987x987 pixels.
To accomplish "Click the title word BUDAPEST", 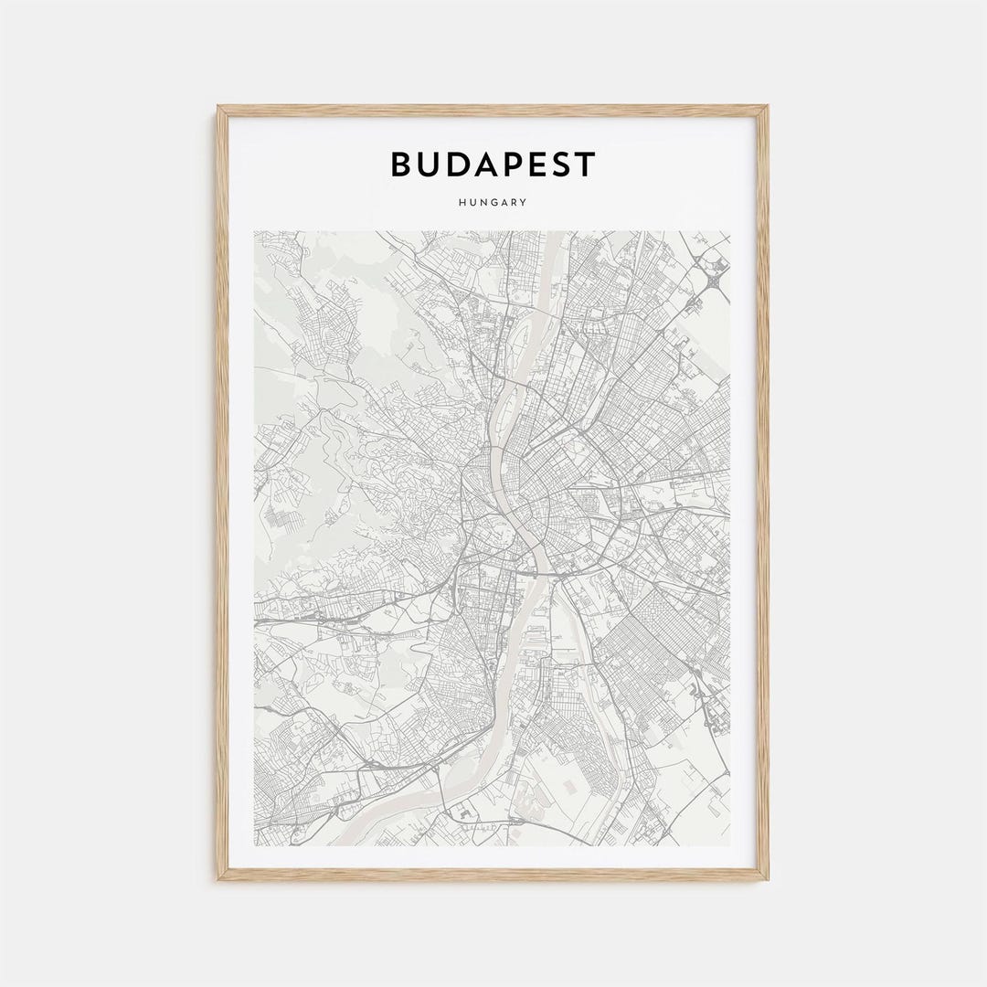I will click(x=493, y=164).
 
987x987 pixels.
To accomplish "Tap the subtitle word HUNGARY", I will click(x=493, y=203).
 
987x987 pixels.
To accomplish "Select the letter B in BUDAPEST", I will click(x=401, y=164).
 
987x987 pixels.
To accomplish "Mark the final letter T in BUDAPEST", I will click(x=585, y=164).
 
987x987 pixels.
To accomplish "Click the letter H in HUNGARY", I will click(x=463, y=203).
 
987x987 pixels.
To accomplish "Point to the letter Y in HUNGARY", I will click(x=524, y=203).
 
